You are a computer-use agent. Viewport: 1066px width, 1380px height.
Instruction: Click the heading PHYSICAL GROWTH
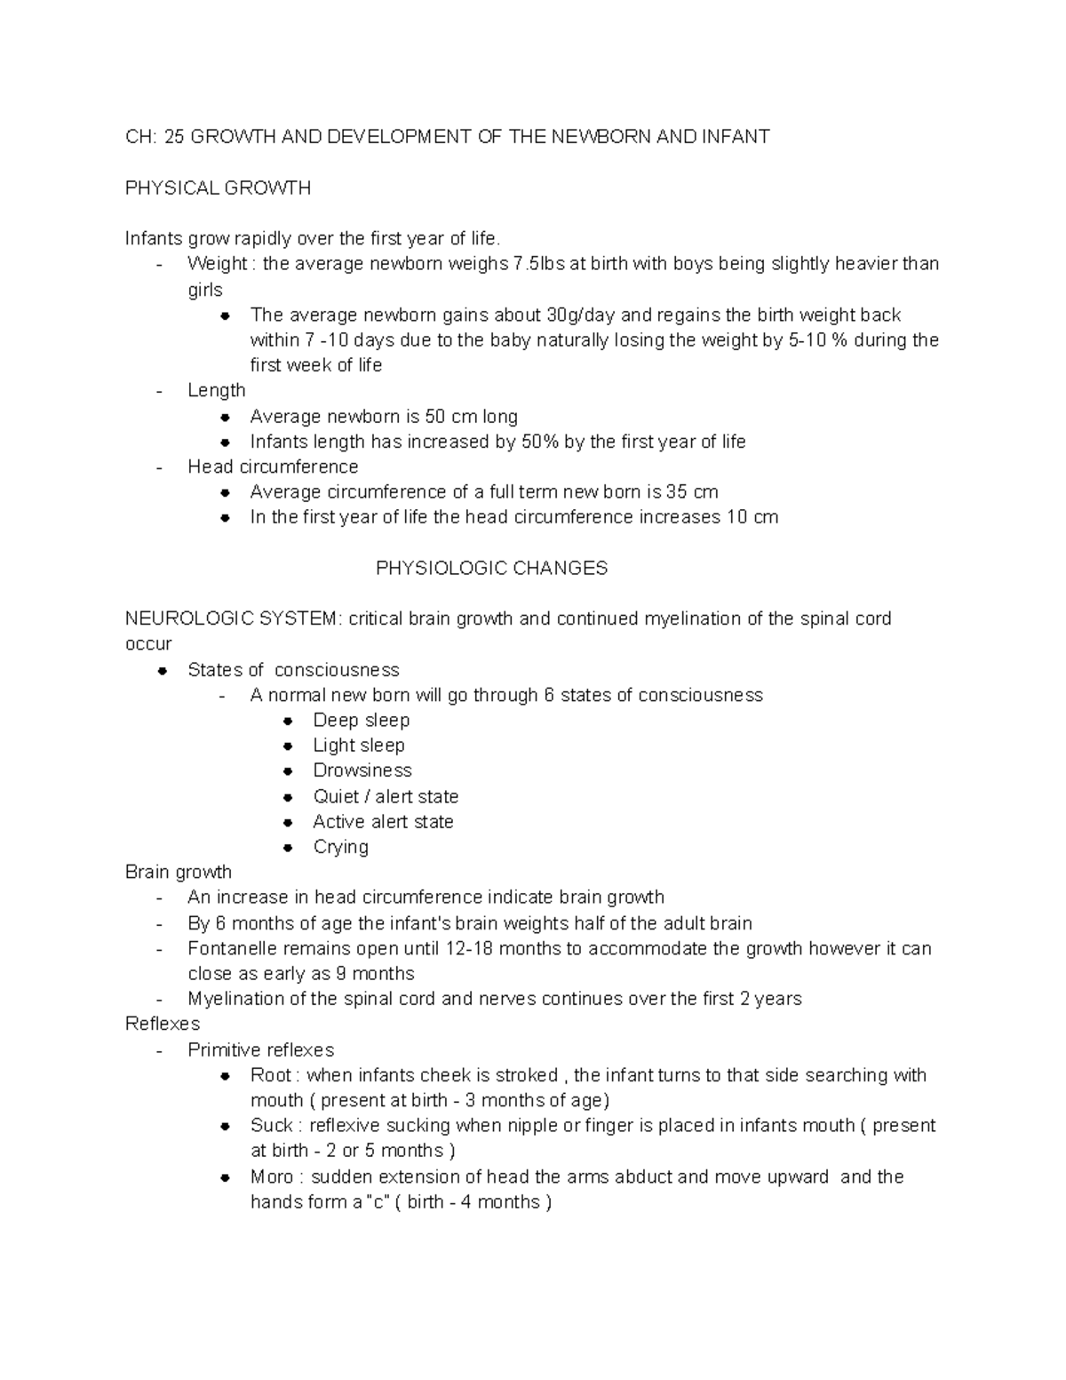[x=218, y=187]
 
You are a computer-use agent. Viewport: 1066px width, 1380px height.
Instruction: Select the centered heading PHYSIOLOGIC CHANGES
[x=491, y=568]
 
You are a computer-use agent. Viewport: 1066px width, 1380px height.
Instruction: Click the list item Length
[x=216, y=390]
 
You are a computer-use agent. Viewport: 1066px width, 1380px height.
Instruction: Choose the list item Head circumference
[x=273, y=467]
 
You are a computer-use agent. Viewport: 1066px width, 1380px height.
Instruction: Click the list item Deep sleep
[x=361, y=720]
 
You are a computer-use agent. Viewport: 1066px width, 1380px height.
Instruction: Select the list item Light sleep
[x=358, y=745]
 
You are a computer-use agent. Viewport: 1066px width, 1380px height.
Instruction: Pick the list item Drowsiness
[x=362, y=770]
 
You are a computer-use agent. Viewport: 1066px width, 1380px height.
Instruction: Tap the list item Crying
[x=340, y=847]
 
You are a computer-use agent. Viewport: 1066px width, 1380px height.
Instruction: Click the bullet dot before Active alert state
[x=288, y=822]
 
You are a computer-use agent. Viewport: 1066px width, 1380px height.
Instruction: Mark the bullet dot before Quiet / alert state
[x=288, y=797]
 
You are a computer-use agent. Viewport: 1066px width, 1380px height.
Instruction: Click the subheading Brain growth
[x=179, y=872]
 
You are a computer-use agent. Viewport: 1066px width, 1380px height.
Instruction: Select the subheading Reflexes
[x=163, y=1024]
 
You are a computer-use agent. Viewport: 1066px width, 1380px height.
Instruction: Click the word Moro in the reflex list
[x=271, y=1177]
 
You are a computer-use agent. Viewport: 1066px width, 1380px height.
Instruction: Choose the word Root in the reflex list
[x=270, y=1075]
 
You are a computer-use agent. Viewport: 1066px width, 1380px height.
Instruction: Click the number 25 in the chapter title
[x=175, y=137]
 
